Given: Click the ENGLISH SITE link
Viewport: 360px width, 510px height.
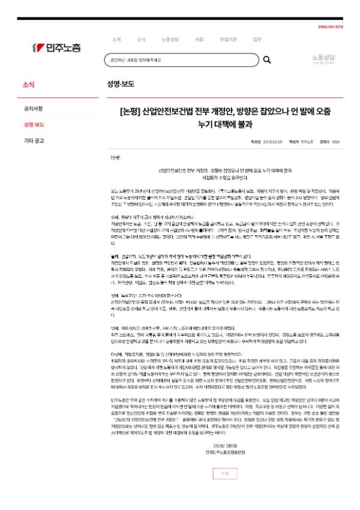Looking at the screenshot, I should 331,27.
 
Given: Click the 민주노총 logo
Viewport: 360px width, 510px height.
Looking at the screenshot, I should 57,47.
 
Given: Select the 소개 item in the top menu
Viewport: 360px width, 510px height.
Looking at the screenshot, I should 116,40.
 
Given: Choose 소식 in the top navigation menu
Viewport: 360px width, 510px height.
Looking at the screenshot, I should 141,40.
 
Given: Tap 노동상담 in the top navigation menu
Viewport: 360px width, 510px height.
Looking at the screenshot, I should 170,40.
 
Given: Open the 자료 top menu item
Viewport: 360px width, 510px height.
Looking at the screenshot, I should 199,40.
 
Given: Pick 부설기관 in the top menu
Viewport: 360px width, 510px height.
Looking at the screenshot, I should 228,40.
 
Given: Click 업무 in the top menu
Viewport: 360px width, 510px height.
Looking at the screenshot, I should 257,40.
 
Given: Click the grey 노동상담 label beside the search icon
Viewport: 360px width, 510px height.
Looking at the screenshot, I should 323,58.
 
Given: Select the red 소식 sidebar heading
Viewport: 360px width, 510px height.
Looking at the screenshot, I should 28,85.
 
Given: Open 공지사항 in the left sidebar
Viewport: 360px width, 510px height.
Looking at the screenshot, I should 33,109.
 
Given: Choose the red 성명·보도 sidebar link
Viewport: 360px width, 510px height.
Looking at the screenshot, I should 34,125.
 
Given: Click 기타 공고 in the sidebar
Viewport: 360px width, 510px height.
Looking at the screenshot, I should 34,141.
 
